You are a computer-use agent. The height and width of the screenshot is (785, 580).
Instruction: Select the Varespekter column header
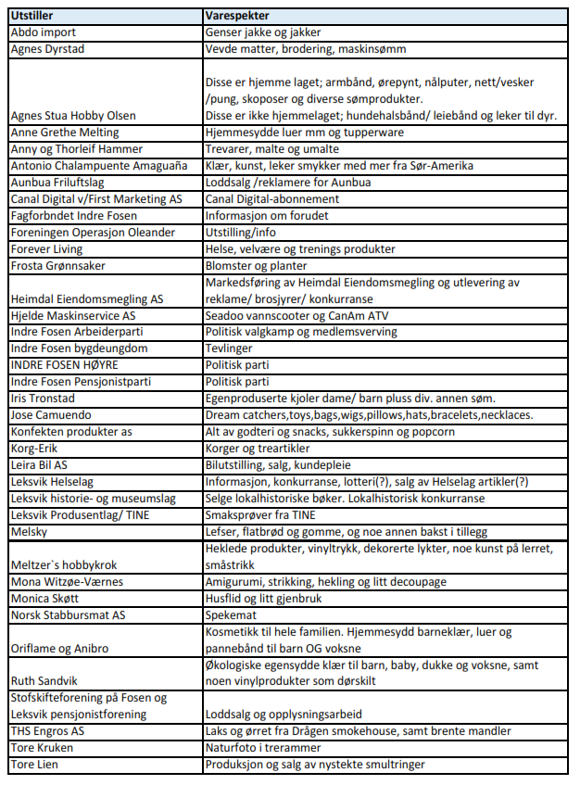point(237,17)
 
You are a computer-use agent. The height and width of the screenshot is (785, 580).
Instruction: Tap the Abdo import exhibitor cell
point(42,32)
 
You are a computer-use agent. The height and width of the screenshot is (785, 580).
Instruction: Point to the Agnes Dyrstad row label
point(45,47)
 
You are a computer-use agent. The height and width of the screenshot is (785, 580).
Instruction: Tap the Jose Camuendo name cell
point(52,414)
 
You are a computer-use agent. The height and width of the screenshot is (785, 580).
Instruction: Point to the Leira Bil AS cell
point(43,464)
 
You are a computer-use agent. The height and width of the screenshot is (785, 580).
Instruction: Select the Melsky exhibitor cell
point(29,531)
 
